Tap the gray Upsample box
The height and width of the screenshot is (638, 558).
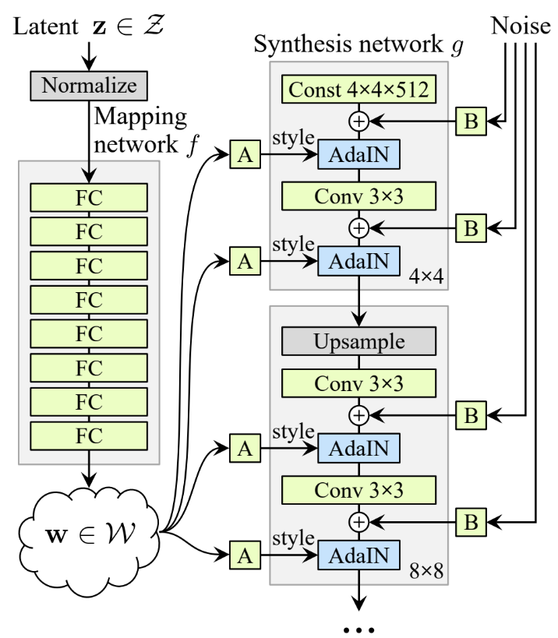pos(358,340)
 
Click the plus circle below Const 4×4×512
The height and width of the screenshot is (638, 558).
pos(358,121)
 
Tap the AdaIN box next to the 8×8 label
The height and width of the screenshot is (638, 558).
pos(358,555)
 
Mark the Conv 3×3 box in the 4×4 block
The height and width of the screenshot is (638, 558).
pos(358,192)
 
